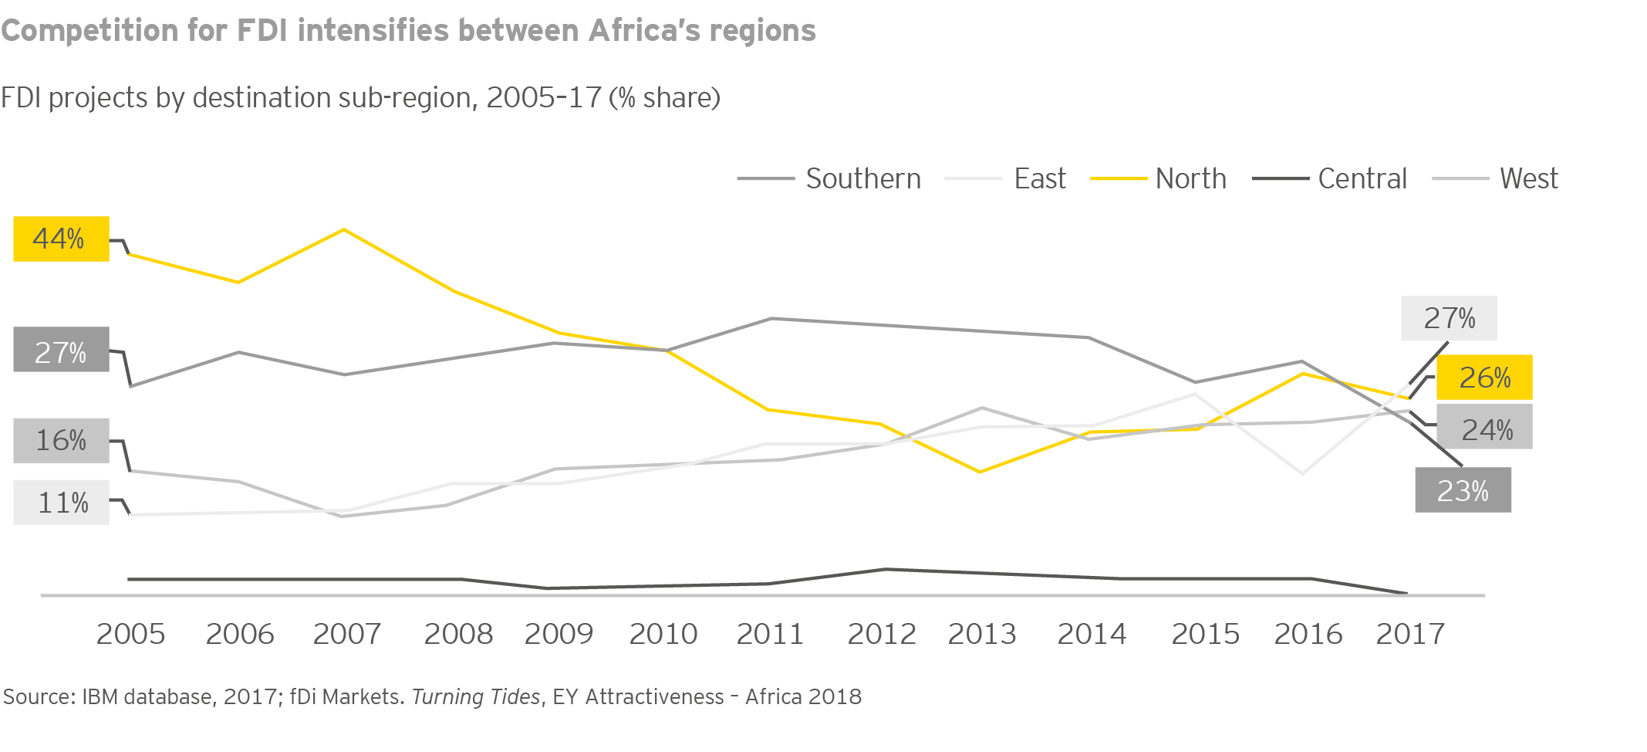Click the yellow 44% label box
pos(61,239)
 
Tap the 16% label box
pos(61,440)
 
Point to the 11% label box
pos(61,503)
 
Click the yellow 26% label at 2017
pos(1484,378)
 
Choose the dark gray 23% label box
pos(1463,490)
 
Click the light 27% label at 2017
pos(1449,318)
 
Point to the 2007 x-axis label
pos(347,635)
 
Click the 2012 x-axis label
pos(882,635)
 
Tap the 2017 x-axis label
pos(1410,635)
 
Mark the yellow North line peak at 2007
pos(344,229)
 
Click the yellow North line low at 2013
pos(980,472)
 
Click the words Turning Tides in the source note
pos(476,697)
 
